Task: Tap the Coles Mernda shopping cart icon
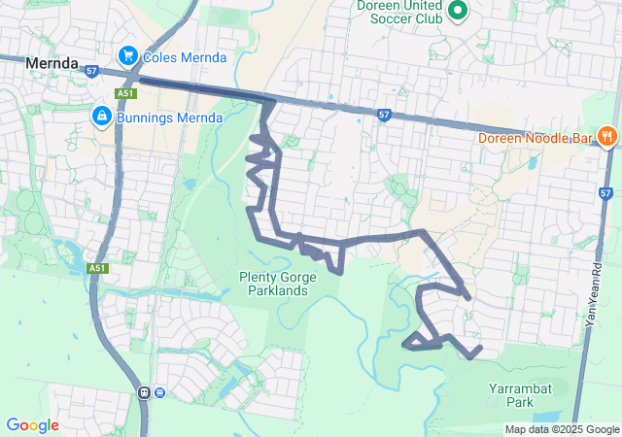126,57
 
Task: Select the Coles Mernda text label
185,57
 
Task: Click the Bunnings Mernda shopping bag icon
101,118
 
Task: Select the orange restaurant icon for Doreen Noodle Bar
605,137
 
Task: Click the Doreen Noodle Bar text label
535,138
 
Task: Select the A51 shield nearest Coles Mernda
123,93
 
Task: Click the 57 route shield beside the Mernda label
92,70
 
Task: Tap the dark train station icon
145,392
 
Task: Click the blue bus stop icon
159,392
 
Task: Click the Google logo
32,425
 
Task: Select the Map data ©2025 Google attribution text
562,429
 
